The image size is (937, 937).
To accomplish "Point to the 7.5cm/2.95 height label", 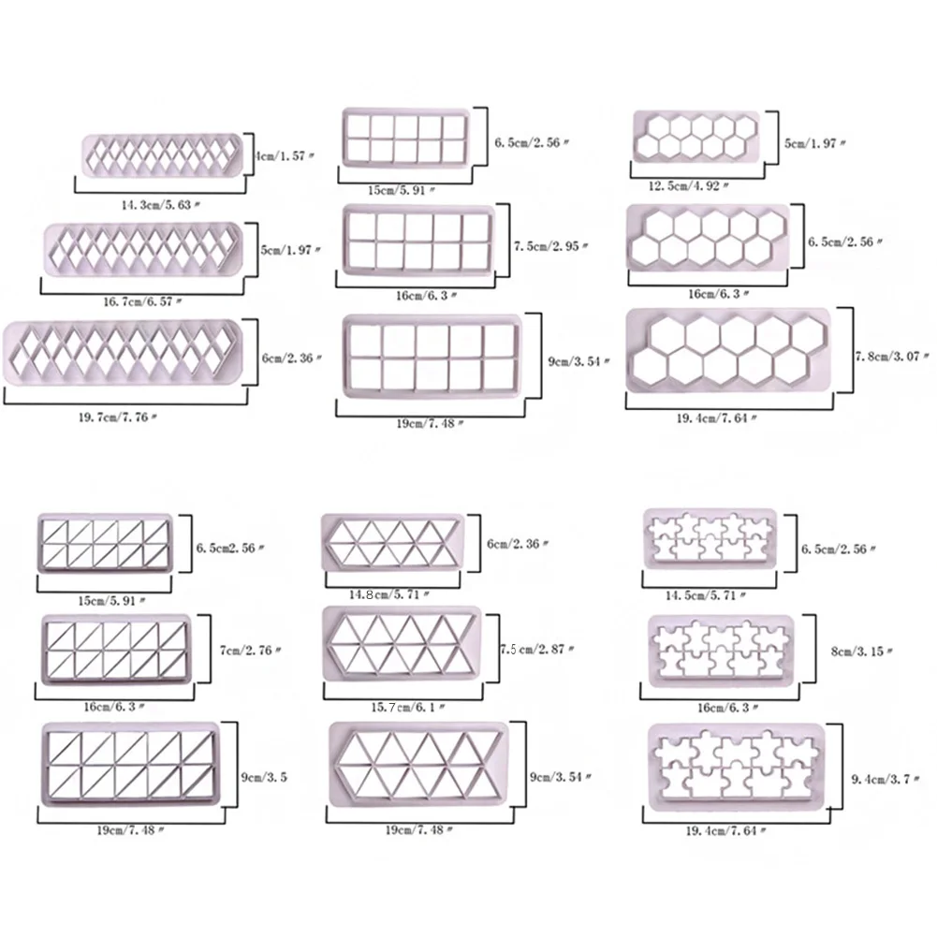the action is pos(551,246).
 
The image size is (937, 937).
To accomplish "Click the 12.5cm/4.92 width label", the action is pos(693,186).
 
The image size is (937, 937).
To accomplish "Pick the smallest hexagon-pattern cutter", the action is pos(694,135).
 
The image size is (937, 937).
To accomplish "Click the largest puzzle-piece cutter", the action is pos(736,767).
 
